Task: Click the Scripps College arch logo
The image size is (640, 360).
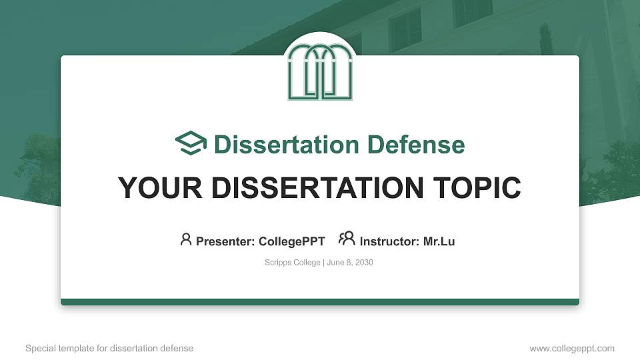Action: pos(320,72)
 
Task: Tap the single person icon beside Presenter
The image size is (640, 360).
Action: pos(186,239)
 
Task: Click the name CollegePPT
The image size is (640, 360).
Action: pos(291,241)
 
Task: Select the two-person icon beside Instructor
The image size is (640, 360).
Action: pos(347,239)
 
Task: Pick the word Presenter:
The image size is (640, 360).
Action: pos(225,241)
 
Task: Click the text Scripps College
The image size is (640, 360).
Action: pos(293,263)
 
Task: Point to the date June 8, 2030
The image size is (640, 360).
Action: pos(350,263)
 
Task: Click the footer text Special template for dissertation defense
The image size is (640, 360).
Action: pos(109,348)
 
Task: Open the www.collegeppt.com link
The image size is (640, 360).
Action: pos(572,348)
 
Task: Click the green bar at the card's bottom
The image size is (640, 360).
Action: pos(320,302)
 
